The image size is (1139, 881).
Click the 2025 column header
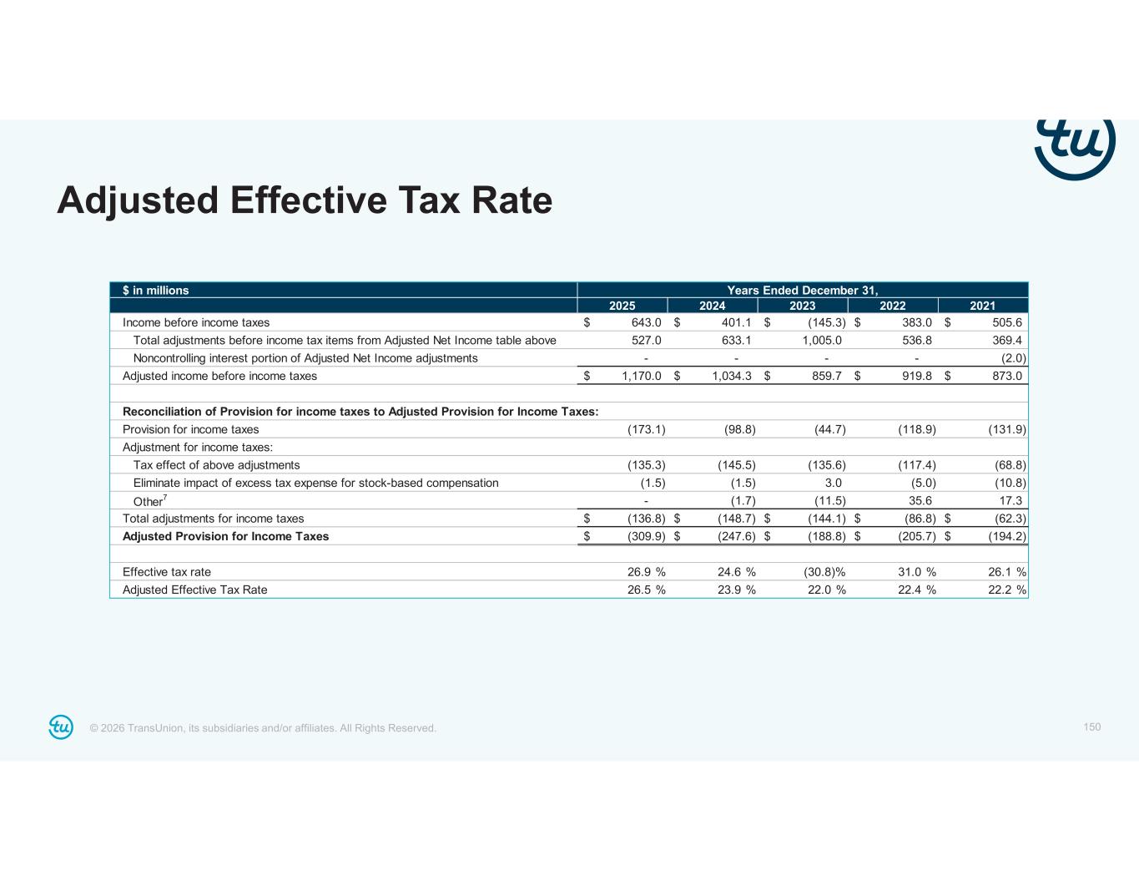(x=622, y=306)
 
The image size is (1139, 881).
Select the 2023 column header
(x=803, y=306)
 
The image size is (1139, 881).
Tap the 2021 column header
(x=982, y=306)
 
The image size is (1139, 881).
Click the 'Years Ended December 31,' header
(x=802, y=291)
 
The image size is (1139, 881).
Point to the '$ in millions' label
(x=156, y=291)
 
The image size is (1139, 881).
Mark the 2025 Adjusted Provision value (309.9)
(x=646, y=536)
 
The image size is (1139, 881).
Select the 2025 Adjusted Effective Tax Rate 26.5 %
(x=646, y=590)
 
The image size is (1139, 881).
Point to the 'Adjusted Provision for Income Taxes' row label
(x=225, y=536)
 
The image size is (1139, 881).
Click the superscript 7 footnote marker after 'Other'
(x=165, y=498)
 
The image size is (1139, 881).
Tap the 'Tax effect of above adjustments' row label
(x=216, y=465)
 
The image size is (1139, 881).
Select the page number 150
(x=1091, y=727)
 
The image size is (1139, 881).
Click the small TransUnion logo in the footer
(x=61, y=727)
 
